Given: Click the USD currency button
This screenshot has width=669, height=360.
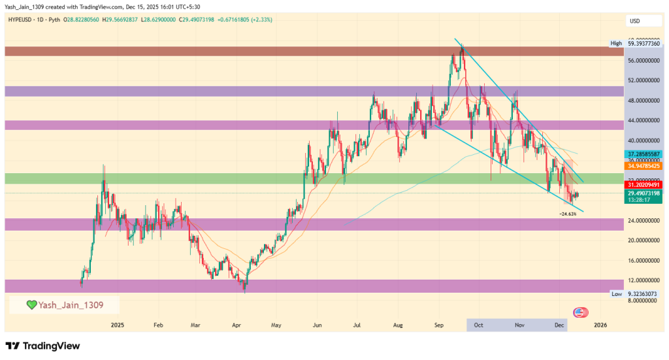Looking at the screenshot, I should (634, 21).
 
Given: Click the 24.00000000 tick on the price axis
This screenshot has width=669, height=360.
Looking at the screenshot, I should (638, 221).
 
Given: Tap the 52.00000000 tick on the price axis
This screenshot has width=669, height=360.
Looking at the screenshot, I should (638, 80).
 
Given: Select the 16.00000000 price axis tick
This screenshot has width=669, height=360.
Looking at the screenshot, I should (638, 261).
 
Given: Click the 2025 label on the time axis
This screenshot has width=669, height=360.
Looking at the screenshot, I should (118, 324).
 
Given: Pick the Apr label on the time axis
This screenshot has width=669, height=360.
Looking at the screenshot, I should (237, 324).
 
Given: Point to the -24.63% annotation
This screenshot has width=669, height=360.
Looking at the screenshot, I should (568, 214).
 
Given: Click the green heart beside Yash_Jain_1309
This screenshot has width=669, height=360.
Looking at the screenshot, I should (31, 304).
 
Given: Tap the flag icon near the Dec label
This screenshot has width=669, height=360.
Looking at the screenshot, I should (578, 313).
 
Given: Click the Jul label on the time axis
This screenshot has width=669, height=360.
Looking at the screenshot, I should (357, 324).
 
